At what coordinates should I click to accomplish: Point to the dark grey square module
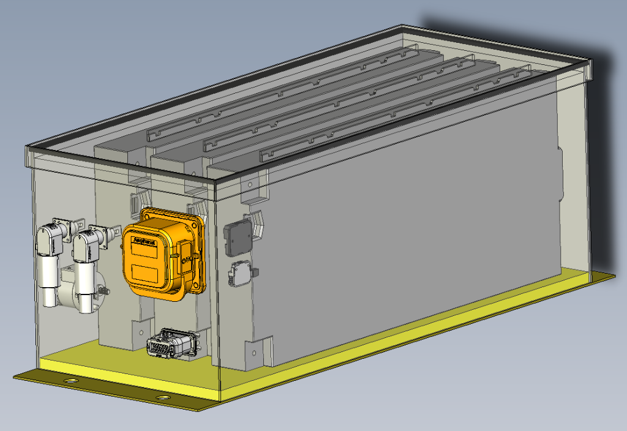(237, 238)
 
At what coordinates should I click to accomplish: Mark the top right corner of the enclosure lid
(590, 61)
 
